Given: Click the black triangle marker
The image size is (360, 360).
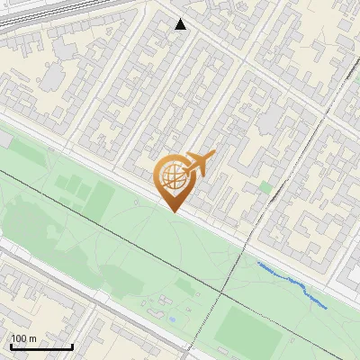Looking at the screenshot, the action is pyautogui.click(x=181, y=24).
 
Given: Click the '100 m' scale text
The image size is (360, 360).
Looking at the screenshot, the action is pyautogui.click(x=23, y=338).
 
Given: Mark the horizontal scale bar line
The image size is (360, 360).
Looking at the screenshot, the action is pyautogui.click(x=40, y=346).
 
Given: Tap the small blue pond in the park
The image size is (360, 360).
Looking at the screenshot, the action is pyautogui.click(x=171, y=318).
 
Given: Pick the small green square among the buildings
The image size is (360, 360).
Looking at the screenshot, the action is pyautogui.click(x=265, y=186).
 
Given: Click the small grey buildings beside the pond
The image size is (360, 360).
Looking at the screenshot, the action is pyautogui.click(x=162, y=301).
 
